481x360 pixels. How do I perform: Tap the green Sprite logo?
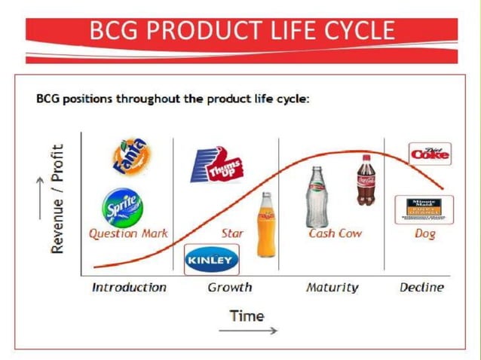(x=123, y=207)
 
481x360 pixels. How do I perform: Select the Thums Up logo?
(x=216, y=165)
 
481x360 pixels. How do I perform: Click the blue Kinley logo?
(x=212, y=261)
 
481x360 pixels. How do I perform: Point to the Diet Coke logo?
(x=430, y=154)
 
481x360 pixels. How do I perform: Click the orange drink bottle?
(x=266, y=224)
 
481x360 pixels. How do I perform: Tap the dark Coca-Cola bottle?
(x=365, y=180)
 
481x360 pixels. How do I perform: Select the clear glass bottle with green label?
(x=317, y=197)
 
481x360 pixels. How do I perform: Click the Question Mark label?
(x=128, y=233)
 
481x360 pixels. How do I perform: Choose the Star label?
(x=232, y=233)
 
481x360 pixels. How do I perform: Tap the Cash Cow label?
(x=335, y=233)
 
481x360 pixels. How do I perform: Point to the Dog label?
(x=425, y=233)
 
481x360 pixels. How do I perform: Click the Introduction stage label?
(x=129, y=287)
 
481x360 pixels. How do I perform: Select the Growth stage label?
(x=229, y=287)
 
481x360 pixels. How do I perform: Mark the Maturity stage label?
(x=332, y=287)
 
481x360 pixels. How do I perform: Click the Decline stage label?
(x=422, y=287)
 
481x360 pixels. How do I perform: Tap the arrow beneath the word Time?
(x=248, y=331)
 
